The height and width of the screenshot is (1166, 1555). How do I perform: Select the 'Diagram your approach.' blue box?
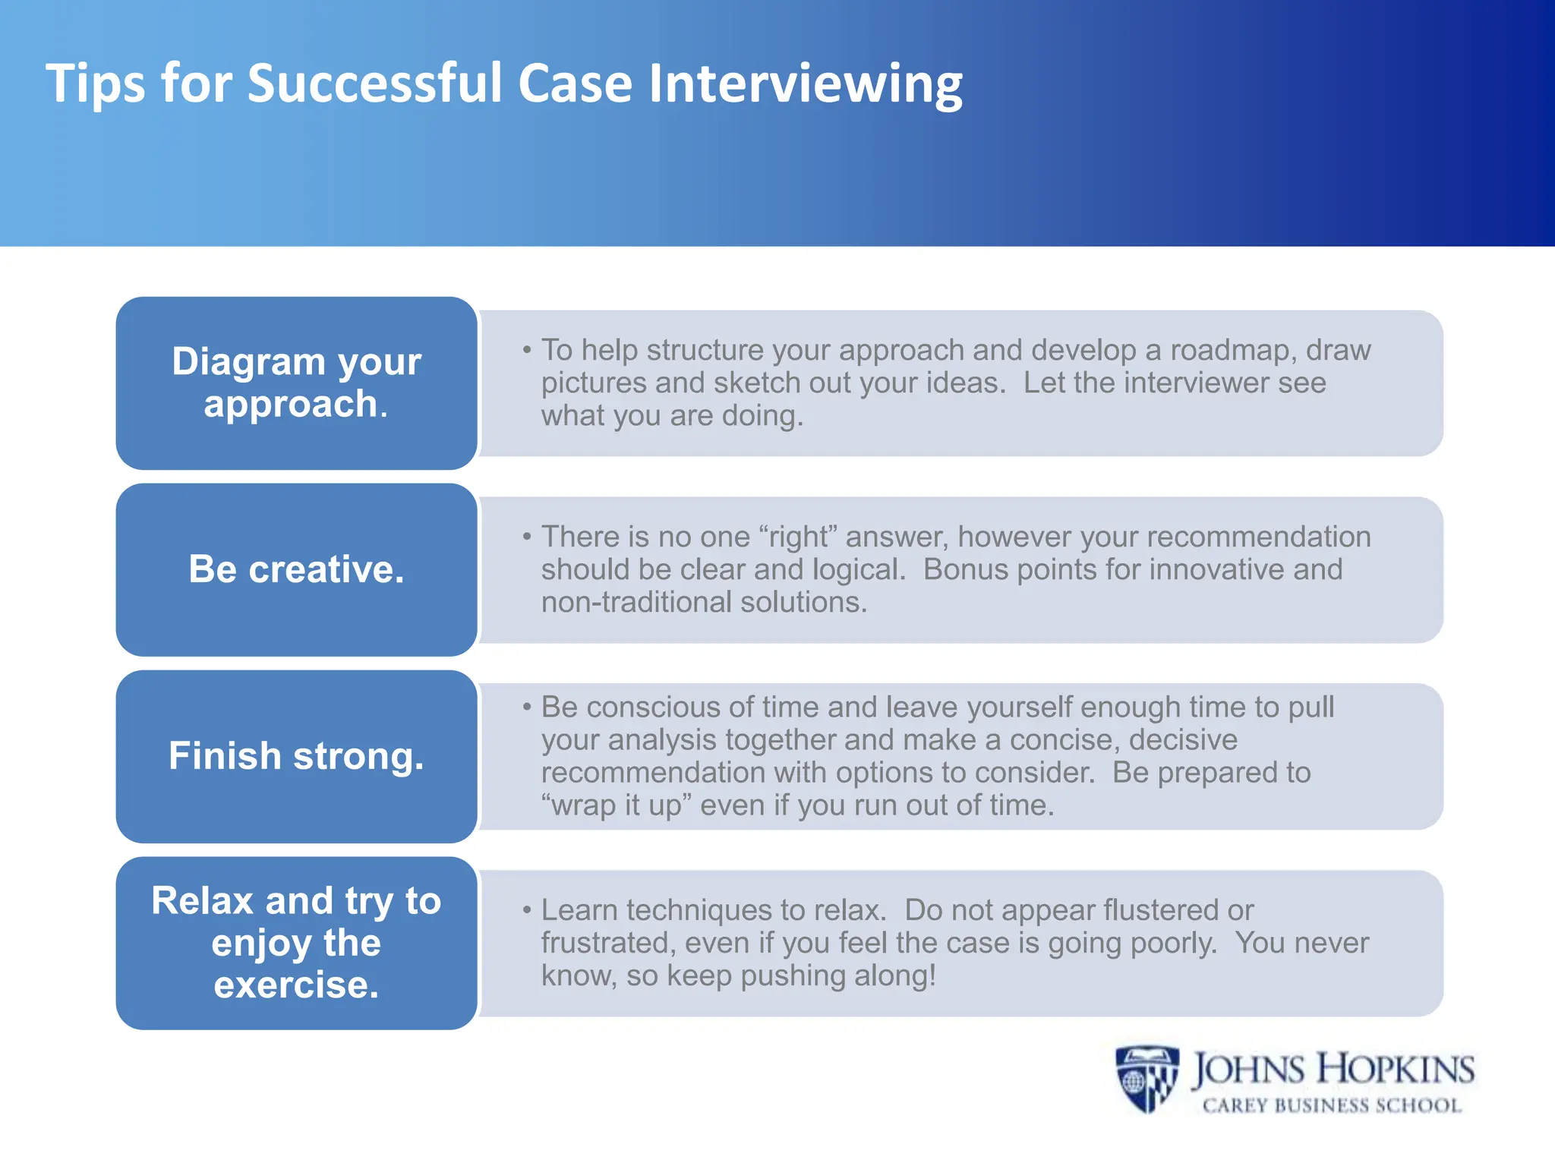(296, 383)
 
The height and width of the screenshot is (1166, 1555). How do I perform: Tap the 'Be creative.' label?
(296, 569)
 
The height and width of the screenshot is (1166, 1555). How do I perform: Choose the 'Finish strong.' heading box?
(296, 756)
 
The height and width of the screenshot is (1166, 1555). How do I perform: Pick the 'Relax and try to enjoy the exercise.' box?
(296, 943)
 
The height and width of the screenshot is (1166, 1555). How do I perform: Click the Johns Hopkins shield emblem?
(1147, 1078)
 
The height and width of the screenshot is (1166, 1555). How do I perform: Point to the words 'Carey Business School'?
(1332, 1105)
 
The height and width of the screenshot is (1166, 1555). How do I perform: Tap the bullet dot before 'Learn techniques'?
(526, 910)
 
